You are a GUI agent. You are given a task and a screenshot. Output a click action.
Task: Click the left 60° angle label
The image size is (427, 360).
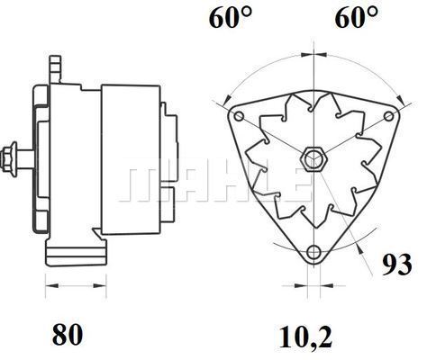231,17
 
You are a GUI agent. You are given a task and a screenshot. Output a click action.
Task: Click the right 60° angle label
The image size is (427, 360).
356,17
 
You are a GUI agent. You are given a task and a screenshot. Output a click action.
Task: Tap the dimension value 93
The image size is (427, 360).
397,265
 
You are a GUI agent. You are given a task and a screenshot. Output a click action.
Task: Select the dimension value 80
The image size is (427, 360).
68,334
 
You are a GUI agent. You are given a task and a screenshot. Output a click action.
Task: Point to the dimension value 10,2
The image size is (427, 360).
306,337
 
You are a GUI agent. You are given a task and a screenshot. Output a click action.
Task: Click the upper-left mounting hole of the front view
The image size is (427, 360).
239,116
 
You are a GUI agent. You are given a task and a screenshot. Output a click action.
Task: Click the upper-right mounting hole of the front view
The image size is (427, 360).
389,116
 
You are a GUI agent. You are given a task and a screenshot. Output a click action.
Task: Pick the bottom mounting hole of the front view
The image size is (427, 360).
314,252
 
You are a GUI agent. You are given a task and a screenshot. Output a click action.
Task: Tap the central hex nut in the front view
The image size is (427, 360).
314,158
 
